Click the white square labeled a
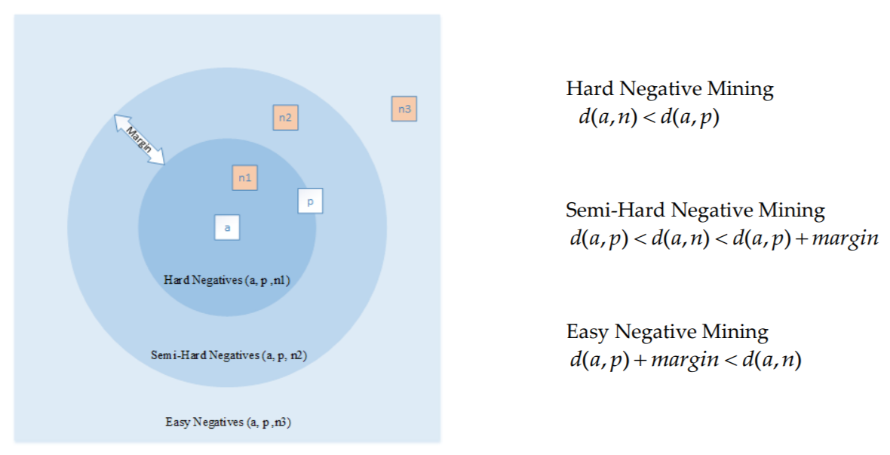tap(227, 227)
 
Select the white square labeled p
tap(310, 201)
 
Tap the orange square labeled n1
tap(244, 177)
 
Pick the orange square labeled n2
tap(285, 117)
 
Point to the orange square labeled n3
tap(404, 109)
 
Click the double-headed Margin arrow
tap(140, 139)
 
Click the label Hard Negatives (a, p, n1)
tap(227, 280)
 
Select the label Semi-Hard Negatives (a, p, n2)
tap(229, 355)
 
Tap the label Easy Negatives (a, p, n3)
tap(228, 422)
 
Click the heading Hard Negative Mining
tap(670, 89)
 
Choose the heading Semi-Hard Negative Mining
tap(695, 210)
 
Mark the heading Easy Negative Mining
tap(667, 331)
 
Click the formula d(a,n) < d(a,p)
tap(644, 118)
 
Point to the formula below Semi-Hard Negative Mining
tap(724, 238)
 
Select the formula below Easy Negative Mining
tap(685, 360)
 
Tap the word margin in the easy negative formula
tap(685, 361)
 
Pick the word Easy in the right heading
tap(588, 332)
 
